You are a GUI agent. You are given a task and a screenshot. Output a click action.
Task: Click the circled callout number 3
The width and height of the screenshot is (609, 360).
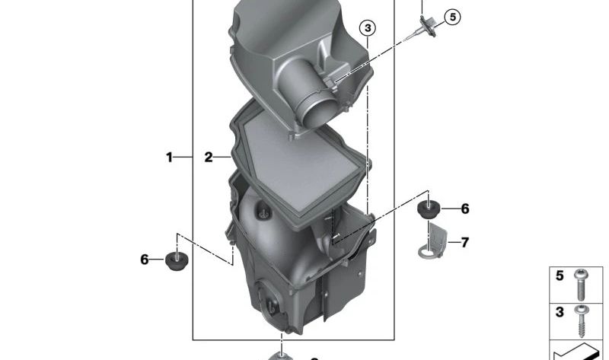click(368, 28)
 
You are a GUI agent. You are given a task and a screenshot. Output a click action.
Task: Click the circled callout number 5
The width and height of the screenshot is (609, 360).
click(452, 17)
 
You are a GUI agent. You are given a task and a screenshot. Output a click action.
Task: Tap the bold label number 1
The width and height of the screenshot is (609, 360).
click(169, 158)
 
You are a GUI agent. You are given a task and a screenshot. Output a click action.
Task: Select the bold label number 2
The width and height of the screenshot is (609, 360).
click(209, 158)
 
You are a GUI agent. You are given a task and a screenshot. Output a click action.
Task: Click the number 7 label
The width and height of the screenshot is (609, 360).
click(465, 242)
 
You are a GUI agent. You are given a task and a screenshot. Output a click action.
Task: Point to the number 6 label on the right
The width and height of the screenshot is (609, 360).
click(465, 209)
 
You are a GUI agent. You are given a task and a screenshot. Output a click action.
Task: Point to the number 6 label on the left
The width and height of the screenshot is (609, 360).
click(145, 259)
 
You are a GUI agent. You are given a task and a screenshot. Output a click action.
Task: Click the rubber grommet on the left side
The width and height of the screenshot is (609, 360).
click(177, 260)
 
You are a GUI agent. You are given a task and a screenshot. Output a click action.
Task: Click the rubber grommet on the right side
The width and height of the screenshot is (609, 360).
click(429, 209)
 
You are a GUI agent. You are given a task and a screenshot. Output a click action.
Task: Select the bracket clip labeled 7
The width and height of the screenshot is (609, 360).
click(433, 241)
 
